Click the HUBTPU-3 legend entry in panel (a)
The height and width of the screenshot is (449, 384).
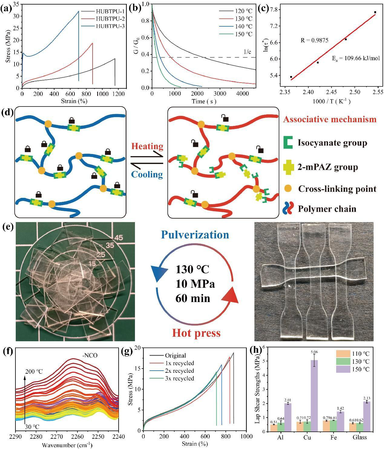(110, 26)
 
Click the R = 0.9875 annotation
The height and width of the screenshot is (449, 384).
(314, 40)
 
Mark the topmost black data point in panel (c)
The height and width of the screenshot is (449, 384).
(375, 12)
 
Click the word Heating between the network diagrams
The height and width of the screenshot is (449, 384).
(147, 146)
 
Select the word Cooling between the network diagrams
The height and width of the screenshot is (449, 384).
(147, 175)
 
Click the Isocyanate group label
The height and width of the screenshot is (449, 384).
(332, 143)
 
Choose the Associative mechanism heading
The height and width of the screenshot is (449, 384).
(330, 119)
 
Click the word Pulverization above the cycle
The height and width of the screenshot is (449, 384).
(195, 235)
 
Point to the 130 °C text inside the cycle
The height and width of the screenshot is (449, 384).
(192, 269)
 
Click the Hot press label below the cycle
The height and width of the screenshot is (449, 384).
(196, 333)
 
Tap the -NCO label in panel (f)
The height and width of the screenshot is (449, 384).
(90, 356)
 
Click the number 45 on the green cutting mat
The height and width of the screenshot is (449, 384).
(119, 238)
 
